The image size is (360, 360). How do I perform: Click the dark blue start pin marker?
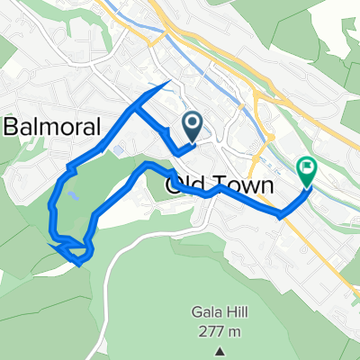pos(192,124)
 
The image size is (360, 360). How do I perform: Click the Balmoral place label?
pos(53,128)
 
